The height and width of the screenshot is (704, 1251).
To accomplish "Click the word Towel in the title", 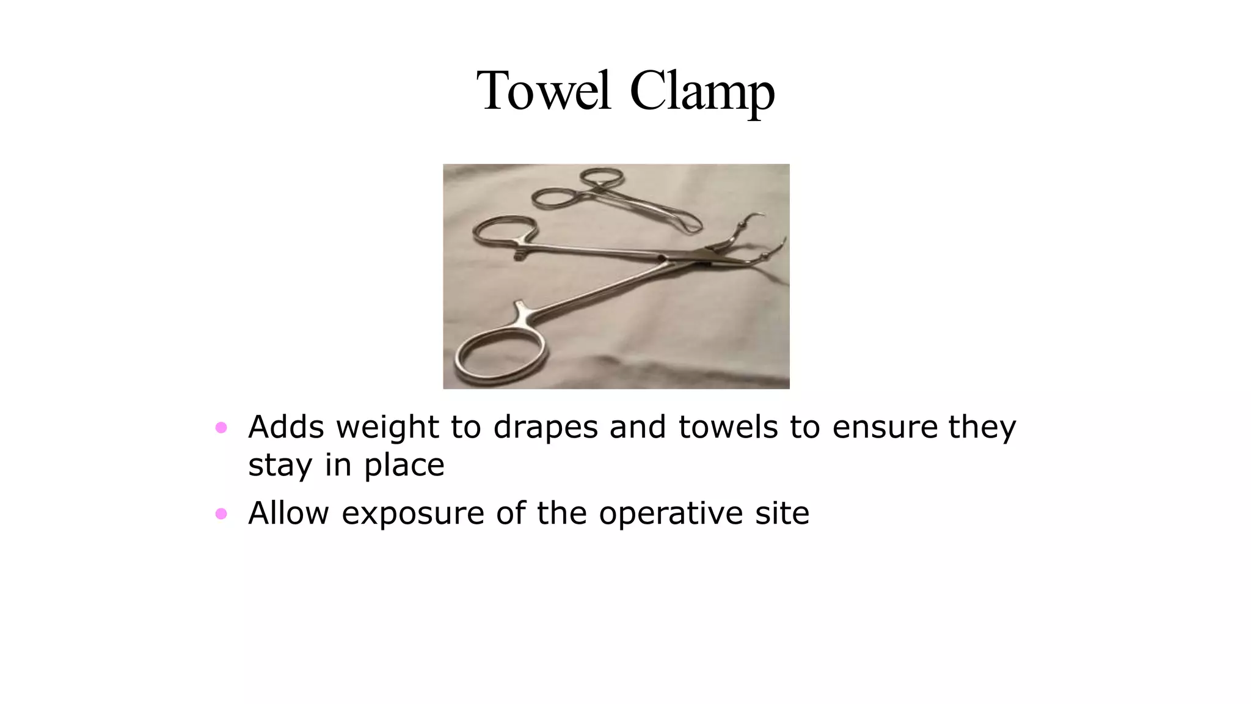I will click(543, 92).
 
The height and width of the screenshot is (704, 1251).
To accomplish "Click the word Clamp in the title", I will click(702, 92).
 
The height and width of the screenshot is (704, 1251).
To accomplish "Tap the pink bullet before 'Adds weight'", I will click(221, 427).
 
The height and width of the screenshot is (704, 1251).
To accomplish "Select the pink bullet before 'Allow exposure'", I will click(221, 514).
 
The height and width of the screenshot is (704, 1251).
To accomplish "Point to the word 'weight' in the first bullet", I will click(387, 427).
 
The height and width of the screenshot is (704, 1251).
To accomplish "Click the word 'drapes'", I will click(545, 427).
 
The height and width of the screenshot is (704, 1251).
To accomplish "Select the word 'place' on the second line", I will click(404, 466).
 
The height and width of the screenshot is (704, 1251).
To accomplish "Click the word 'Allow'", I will click(288, 513).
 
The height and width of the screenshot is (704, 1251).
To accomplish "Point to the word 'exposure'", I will click(413, 513).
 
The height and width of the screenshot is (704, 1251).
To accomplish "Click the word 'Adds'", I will click(286, 427).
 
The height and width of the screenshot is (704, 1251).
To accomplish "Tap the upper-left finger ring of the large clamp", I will click(505, 231).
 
